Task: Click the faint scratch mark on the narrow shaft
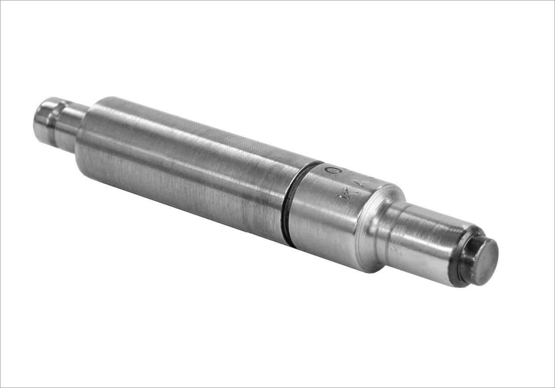coord(393,251)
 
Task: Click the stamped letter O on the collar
coord(329,170)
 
